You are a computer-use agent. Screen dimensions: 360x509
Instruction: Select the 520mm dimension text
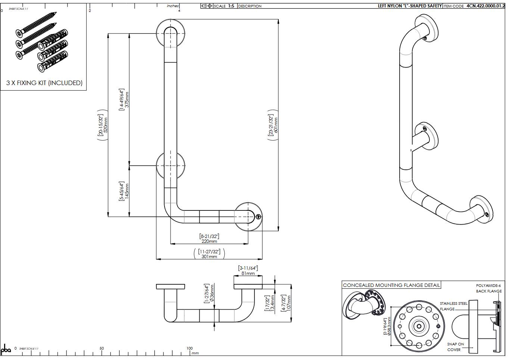tap(106, 125)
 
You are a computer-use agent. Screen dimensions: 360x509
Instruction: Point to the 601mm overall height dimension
tap(276, 125)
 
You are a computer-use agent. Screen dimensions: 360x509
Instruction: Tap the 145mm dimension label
tap(127, 191)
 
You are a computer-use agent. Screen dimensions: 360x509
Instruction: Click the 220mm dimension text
tap(209, 241)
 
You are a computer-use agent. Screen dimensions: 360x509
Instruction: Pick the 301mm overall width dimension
tap(209, 257)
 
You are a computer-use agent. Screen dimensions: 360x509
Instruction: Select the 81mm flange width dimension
tap(248, 273)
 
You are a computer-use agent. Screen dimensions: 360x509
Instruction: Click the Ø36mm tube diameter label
tap(212, 293)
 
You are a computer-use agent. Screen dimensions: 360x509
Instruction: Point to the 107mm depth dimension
tap(289, 303)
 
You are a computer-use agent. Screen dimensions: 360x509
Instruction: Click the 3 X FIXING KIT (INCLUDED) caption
tap(44, 83)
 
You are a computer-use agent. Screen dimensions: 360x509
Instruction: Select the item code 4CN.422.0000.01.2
tap(485, 6)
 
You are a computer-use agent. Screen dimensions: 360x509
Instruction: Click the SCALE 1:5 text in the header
tap(224, 6)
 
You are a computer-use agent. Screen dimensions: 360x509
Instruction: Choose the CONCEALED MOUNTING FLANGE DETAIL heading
tap(391, 285)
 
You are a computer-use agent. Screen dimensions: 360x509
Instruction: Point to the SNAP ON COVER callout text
tap(455, 347)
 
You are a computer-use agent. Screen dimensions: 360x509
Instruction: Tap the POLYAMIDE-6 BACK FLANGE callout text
tap(488, 288)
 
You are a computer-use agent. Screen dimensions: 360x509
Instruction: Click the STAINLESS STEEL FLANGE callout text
tap(453, 306)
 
